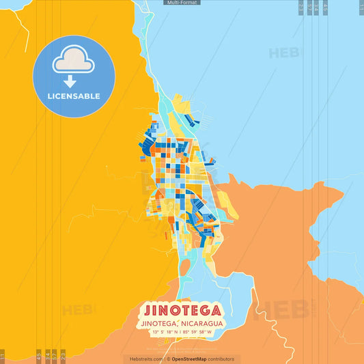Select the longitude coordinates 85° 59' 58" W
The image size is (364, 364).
pyautogui.click(x=199, y=332)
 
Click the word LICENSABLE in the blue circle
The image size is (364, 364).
pyautogui.click(x=74, y=96)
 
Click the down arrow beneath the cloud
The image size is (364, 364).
pyautogui.click(x=74, y=81)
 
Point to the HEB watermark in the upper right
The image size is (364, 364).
pyautogui.click(x=283, y=53)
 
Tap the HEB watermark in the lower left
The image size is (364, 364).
pyautogui.click(x=76, y=311)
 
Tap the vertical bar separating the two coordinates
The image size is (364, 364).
pyautogui.click(x=180, y=332)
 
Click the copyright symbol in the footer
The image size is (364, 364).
pyautogui.click(x=168, y=359)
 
